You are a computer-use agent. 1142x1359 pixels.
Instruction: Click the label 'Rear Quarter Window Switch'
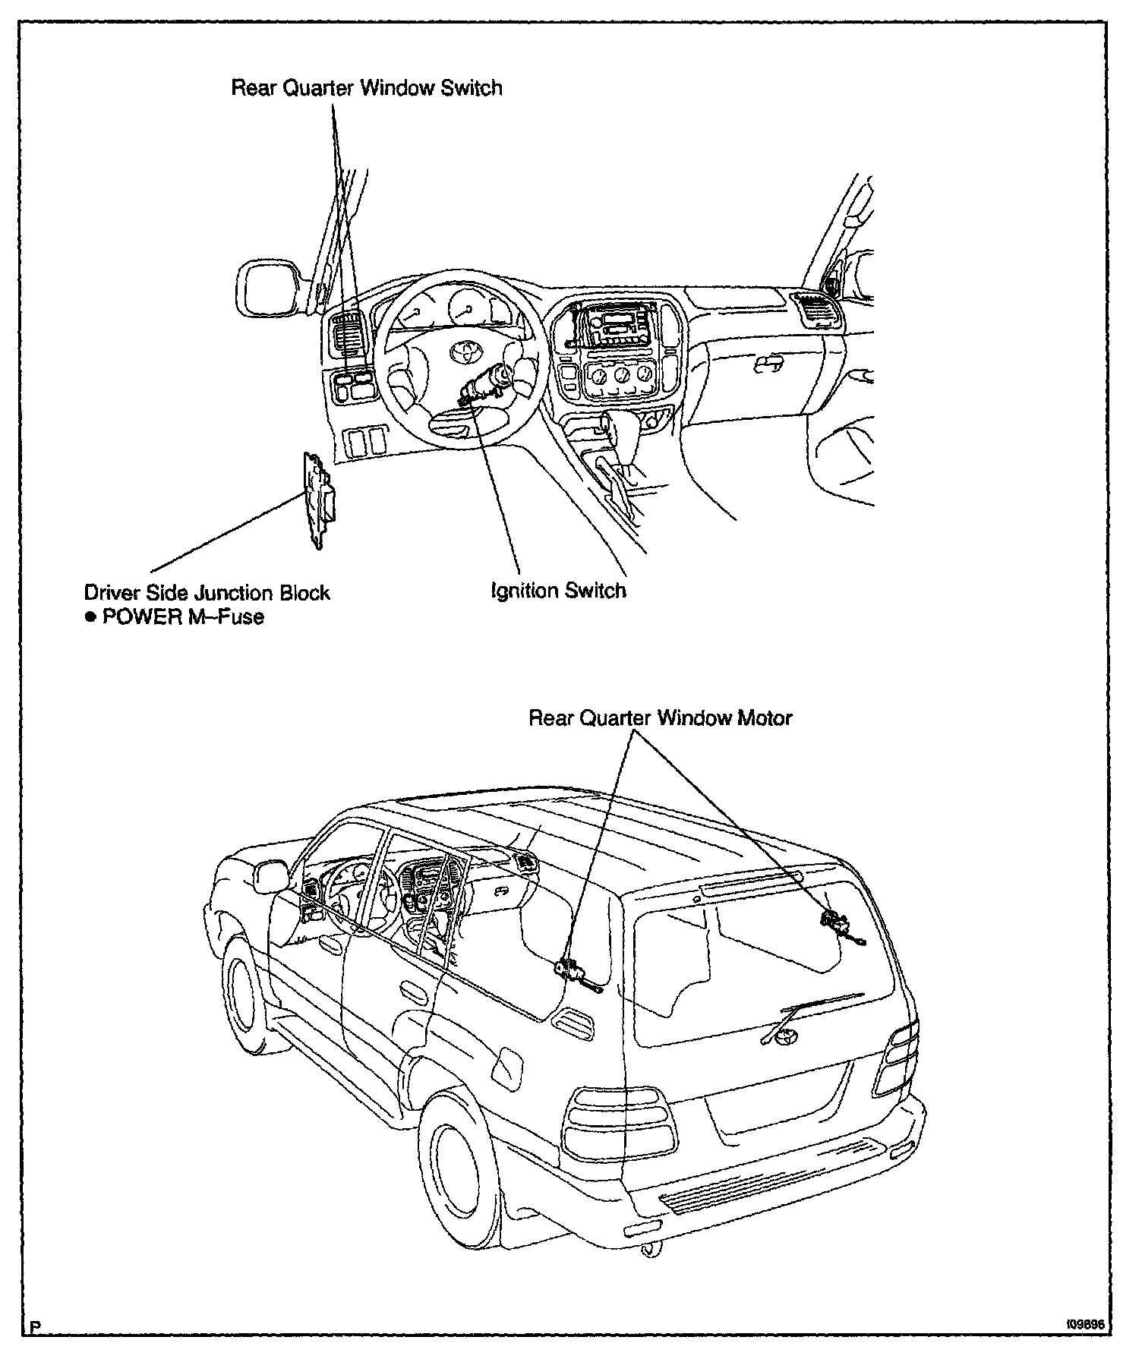tap(366, 88)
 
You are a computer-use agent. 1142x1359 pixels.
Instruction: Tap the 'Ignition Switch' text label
tap(558, 591)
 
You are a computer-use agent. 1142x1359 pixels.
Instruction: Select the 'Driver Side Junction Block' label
tap(207, 592)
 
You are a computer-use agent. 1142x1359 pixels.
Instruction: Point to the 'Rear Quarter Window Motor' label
tap(660, 717)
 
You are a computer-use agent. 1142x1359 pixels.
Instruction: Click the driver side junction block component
tap(318, 497)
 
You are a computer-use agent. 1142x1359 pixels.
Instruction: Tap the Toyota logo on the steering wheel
tap(461, 351)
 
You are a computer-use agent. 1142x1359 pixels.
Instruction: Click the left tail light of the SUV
tap(618, 1123)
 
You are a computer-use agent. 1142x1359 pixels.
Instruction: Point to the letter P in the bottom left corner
tap(34, 1327)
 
